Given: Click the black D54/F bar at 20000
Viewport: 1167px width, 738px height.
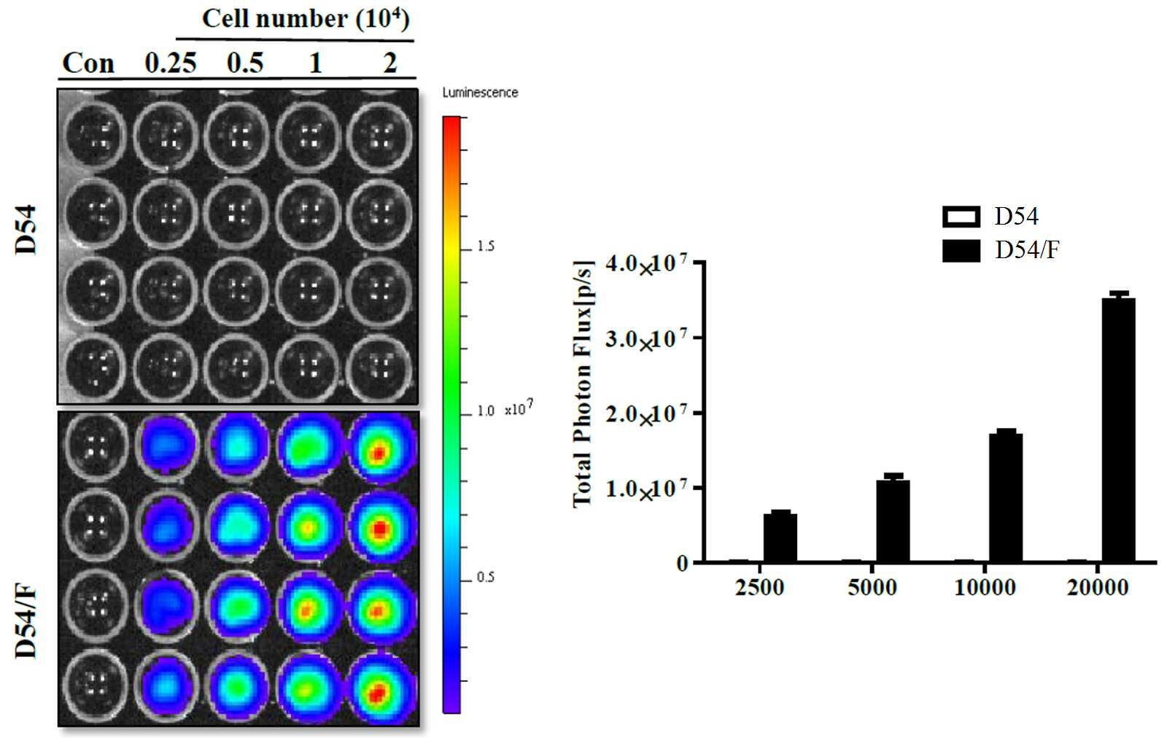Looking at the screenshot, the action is click(1118, 430).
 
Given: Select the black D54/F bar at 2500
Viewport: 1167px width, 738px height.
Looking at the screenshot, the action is click(780, 537).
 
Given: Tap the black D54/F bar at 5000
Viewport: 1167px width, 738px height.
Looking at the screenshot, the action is click(893, 521).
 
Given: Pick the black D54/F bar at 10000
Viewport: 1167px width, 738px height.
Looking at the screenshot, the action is click(1006, 497).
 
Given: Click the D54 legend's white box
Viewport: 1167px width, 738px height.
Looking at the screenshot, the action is click(961, 217).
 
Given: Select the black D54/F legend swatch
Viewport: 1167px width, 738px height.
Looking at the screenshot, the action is click(961, 251).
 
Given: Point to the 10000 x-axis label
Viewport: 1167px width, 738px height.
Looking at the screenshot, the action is click(985, 588).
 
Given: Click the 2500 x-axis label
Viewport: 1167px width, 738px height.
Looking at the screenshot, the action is click(759, 588).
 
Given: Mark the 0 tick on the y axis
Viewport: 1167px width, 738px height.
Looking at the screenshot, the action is click(683, 564).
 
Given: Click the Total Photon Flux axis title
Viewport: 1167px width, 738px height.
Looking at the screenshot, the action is click(583, 384).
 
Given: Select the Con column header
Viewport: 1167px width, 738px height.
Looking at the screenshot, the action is click(88, 63).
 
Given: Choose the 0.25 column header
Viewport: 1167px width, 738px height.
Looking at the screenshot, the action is click(171, 63).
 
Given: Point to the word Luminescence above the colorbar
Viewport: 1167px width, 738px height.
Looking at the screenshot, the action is click(480, 93).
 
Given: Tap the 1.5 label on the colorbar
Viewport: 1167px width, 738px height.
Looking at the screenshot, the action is click(486, 246).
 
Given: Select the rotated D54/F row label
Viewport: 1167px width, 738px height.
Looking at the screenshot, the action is click(26, 621).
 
